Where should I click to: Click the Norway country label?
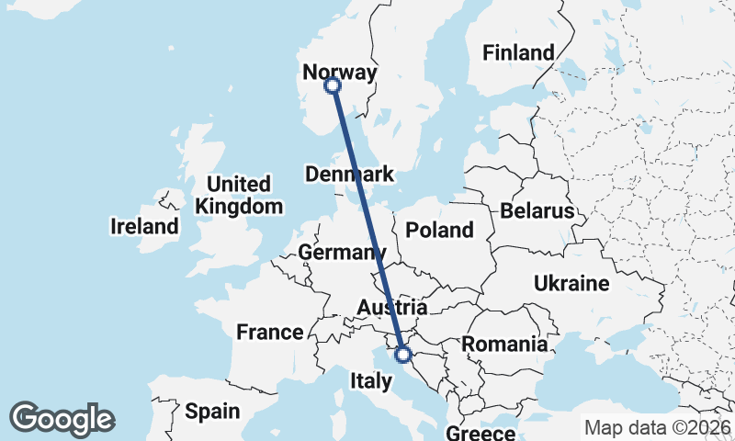click(x=339, y=73)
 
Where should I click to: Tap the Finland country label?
click(x=519, y=52)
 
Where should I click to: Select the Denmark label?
click(x=349, y=175)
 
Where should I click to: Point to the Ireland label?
click(x=144, y=226)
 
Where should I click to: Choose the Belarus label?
click(x=537, y=211)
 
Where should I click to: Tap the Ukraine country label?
click(x=571, y=283)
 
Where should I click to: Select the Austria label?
click(x=392, y=308)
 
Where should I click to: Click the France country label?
click(x=269, y=333)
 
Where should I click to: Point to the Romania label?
click(x=504, y=345)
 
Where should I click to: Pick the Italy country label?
click(x=372, y=379)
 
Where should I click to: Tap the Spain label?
click(x=212, y=412)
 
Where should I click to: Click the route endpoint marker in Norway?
click(x=333, y=85)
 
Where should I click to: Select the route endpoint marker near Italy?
click(x=402, y=355)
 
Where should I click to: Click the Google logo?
click(x=62, y=418)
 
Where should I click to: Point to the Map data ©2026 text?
click(x=657, y=427)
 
